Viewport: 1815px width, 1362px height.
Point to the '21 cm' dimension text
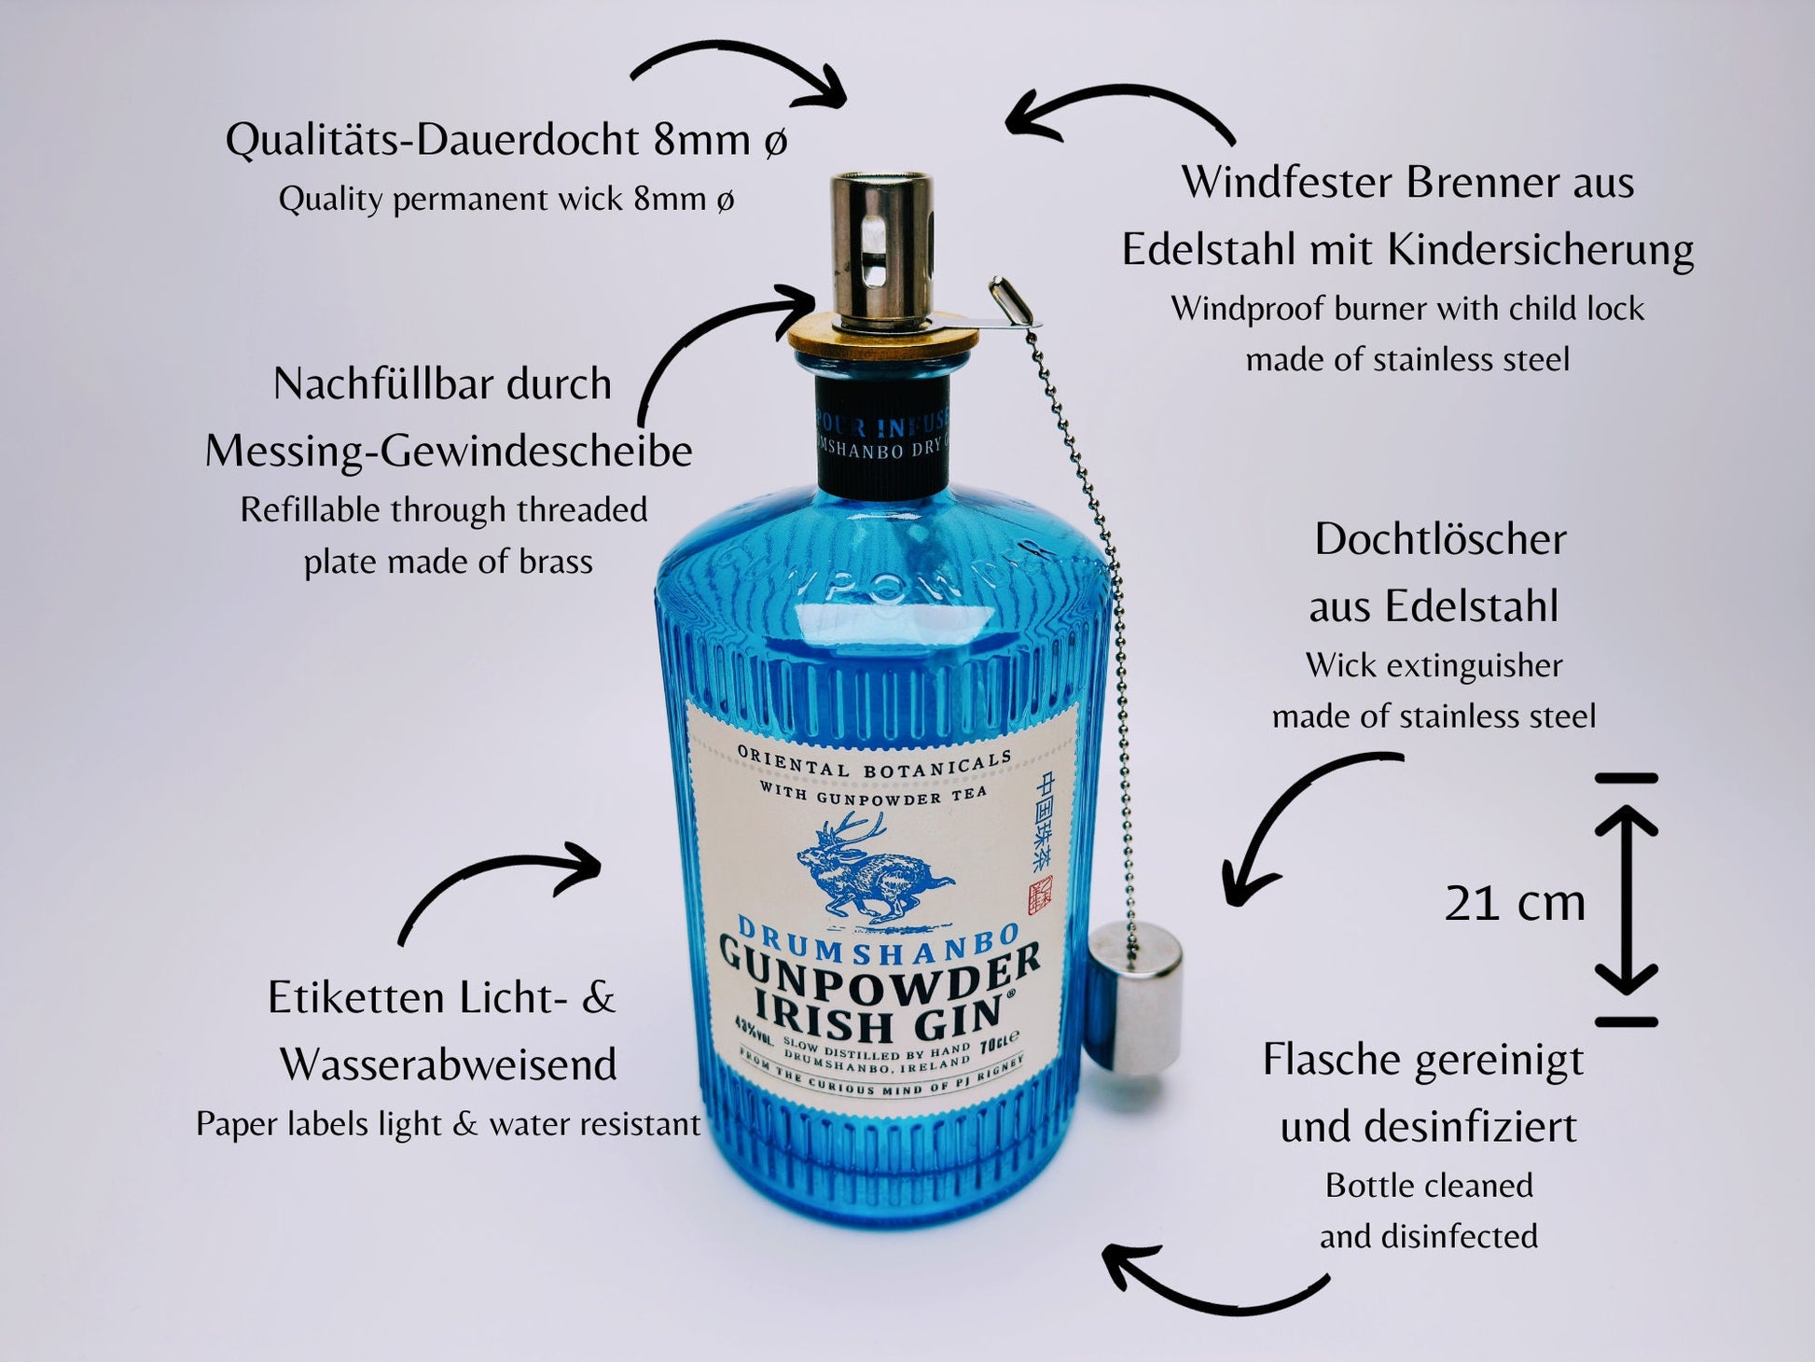pos(1515,903)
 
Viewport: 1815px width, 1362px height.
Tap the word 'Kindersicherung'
pos(1540,250)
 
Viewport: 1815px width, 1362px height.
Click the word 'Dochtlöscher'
pos(1440,539)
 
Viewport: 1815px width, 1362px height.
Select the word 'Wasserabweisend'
pos(449,1064)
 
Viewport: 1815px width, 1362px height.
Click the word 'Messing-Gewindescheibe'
pos(449,452)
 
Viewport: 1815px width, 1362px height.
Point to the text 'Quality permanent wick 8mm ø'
pos(506,199)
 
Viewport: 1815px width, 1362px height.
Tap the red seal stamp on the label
pos(1038,896)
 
